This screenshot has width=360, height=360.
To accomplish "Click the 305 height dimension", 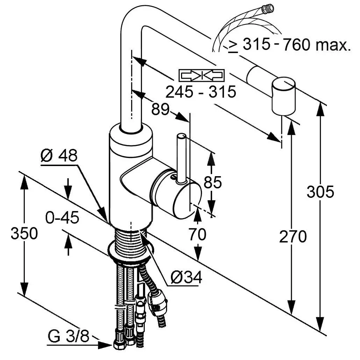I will tap(320, 192).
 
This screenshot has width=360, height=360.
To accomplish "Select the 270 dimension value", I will tap(293, 237).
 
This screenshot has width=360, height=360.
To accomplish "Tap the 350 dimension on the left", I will tap(24, 233).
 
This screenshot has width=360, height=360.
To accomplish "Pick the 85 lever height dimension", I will tap(213, 182).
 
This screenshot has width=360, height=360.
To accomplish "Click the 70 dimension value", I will tap(197, 235).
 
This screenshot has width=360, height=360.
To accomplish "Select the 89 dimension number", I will tap(160, 109).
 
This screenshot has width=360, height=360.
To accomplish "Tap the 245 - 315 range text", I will tap(201, 92).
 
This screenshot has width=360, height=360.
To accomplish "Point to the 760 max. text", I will tap(316, 45).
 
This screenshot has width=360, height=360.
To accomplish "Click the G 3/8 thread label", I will tap(68, 338).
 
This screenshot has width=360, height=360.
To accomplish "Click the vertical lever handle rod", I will tap(181, 157).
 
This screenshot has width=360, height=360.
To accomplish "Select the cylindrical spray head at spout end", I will tap(283, 96).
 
